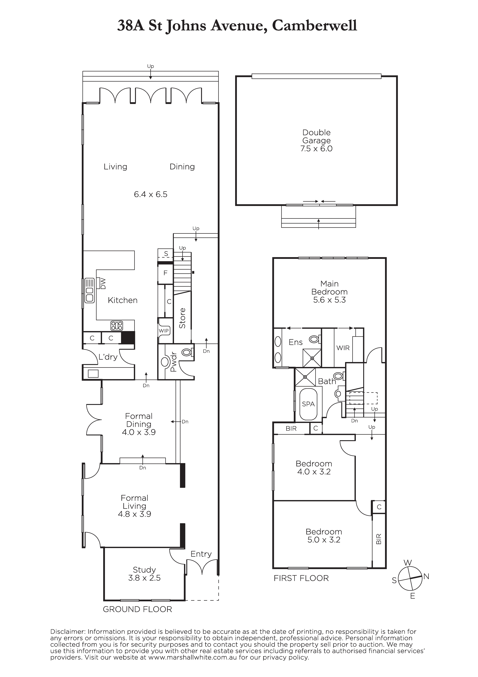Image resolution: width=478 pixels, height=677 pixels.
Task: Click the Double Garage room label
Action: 317,141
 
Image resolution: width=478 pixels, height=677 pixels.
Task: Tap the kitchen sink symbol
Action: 89,291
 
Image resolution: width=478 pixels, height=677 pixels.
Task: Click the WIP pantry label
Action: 164,331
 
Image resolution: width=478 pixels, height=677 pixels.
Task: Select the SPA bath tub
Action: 308,404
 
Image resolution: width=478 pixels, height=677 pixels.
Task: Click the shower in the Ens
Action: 312,358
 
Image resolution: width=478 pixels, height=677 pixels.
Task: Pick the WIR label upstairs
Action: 343,348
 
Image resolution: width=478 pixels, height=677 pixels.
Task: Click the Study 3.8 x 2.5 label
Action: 144,574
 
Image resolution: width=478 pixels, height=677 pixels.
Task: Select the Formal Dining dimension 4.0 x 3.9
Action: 139,432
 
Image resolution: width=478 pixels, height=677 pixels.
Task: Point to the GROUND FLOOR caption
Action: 137,609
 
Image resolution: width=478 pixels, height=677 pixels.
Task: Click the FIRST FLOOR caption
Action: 301,578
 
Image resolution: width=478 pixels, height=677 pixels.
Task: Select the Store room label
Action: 182,318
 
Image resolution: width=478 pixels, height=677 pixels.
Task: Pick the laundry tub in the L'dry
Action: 93,374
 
